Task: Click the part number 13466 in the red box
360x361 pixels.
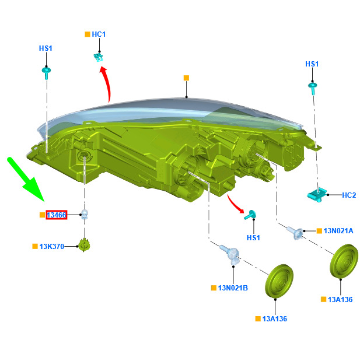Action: click(57, 215)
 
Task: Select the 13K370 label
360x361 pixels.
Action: click(51, 246)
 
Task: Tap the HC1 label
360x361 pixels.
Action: click(99, 34)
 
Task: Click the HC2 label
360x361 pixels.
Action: click(349, 195)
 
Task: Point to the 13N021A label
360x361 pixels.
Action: click(338, 231)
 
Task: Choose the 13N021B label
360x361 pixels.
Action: click(233, 288)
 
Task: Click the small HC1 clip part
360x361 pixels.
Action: click(99, 57)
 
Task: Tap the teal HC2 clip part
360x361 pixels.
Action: click(317, 195)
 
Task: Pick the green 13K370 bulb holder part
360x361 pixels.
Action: click(84, 246)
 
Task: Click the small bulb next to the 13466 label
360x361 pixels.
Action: click(85, 214)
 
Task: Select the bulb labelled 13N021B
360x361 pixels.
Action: click(230, 253)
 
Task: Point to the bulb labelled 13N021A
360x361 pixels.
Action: click(295, 232)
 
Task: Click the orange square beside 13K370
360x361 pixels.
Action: click(35, 246)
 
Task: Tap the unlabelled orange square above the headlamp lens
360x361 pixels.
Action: click(186, 78)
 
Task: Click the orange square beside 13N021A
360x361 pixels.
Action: click(319, 231)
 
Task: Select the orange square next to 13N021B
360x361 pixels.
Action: click(214, 288)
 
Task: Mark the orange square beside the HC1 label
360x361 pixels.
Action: click(88, 34)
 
